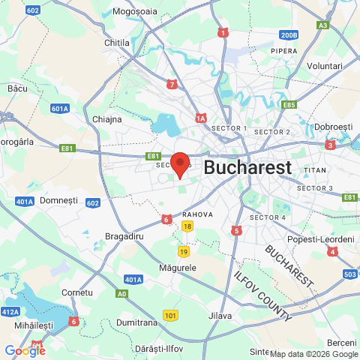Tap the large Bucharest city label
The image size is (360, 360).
247,167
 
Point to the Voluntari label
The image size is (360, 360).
325,66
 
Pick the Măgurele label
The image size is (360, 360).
178,267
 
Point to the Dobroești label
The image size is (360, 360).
334,127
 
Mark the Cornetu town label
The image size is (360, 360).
76,292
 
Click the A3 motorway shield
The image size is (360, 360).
322,25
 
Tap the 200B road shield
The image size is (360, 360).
289,34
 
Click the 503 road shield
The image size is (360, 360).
349,274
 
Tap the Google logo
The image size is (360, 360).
25,350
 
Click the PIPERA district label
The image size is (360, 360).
284,51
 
